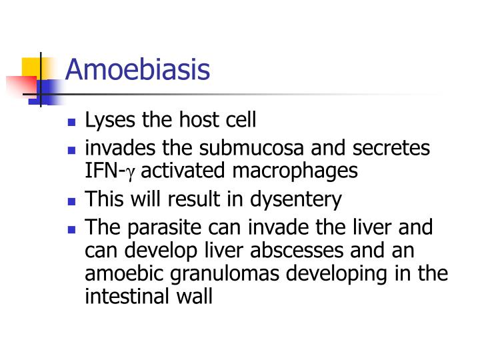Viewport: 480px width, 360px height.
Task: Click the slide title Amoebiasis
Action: pos(137,69)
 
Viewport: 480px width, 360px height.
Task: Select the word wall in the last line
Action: pos(194,297)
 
